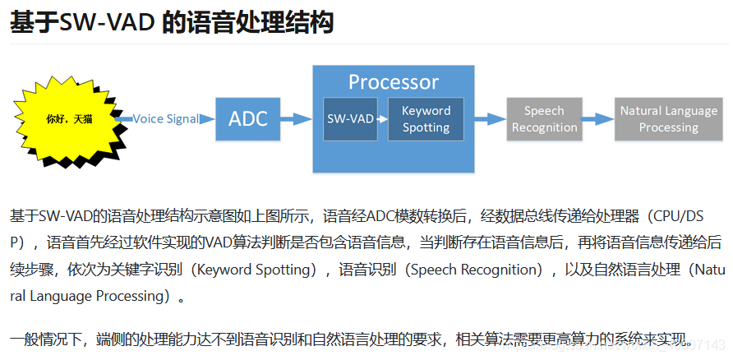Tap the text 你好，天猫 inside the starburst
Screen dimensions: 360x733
click(70, 119)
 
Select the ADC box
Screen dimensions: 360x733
click(247, 119)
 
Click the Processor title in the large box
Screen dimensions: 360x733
click(393, 82)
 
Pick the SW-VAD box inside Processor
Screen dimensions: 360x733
click(350, 119)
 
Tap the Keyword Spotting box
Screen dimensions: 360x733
click(426, 119)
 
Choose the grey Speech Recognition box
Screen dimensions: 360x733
click(544, 119)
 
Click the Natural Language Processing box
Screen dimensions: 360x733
click(668, 119)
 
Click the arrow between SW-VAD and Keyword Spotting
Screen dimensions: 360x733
click(383, 119)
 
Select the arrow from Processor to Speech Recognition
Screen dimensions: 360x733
click(490, 119)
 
